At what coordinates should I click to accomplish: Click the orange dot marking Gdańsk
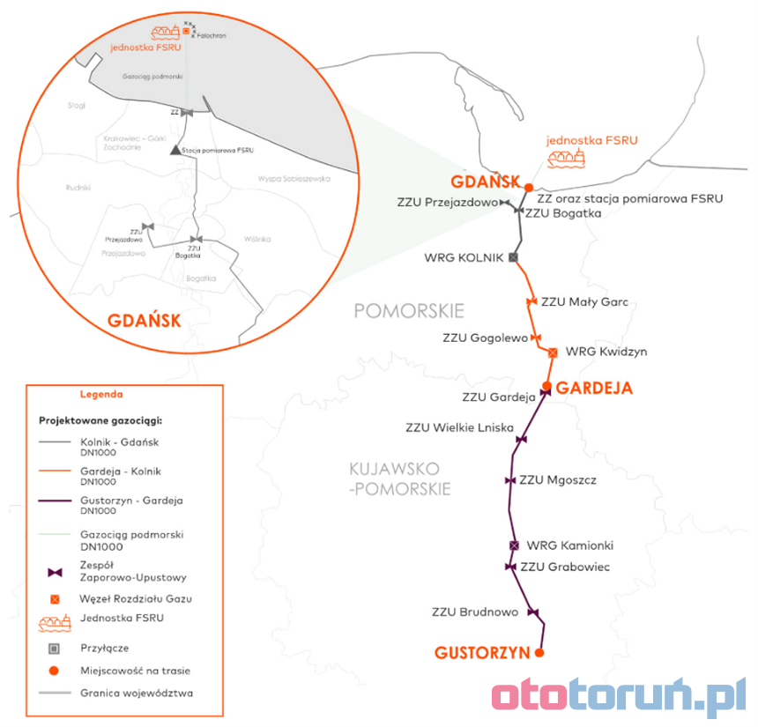click(528, 187)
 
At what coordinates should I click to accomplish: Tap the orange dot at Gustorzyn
click(539, 653)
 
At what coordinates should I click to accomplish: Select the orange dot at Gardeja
click(546, 386)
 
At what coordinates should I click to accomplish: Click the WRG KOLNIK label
click(464, 258)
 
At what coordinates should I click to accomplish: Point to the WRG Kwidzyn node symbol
click(553, 352)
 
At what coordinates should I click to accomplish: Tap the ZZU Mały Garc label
click(584, 302)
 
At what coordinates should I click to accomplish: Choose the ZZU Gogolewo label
click(485, 338)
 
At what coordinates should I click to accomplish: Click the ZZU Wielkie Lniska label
click(459, 428)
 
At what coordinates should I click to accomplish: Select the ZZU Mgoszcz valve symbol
click(509, 481)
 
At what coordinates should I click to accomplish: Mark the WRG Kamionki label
click(569, 545)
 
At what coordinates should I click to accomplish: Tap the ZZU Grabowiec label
click(565, 567)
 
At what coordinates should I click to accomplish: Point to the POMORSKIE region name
click(408, 311)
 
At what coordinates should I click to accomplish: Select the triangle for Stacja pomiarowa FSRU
click(175, 150)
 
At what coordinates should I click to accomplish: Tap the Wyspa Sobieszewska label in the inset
click(294, 178)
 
